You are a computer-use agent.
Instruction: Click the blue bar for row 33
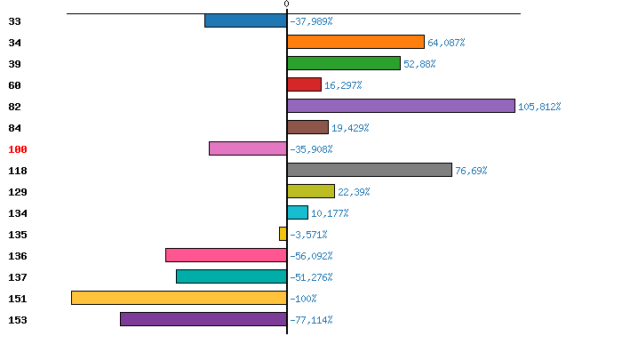point(245,20)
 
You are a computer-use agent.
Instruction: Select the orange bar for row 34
point(355,42)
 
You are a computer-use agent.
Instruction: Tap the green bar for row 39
point(344,63)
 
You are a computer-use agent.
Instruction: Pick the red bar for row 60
point(304,84)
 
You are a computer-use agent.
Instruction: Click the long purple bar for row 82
point(401,106)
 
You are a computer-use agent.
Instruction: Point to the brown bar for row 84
point(307,127)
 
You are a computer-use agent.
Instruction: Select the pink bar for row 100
point(248,148)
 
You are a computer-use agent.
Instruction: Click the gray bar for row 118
point(370,170)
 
